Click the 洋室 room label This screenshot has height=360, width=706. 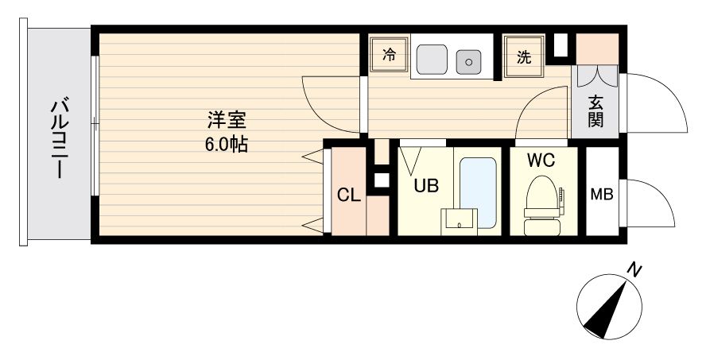[x=227, y=122]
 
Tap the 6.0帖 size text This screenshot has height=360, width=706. [x=227, y=145]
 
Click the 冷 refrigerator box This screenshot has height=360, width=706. [x=389, y=56]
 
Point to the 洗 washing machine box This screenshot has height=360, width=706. [x=524, y=56]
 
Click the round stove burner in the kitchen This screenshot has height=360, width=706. [x=469, y=60]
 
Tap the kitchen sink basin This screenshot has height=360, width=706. [x=433, y=56]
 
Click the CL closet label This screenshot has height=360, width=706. [x=347, y=195]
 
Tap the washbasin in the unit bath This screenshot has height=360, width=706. [x=460, y=219]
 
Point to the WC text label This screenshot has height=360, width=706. [x=540, y=160]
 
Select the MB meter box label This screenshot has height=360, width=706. [x=601, y=195]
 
